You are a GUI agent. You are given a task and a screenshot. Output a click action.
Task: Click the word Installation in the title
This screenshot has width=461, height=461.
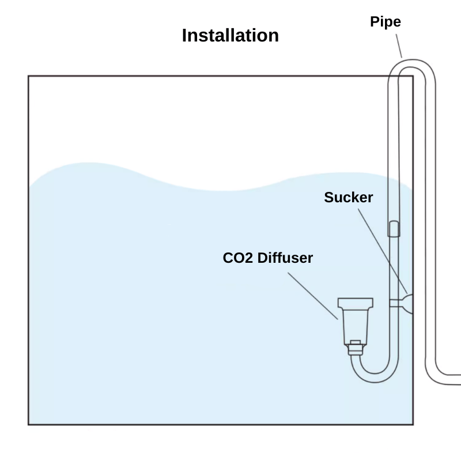[x=230, y=36]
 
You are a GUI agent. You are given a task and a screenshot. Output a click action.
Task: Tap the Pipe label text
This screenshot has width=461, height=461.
[x=385, y=22]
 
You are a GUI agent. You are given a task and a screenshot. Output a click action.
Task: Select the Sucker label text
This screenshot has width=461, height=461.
[x=348, y=198]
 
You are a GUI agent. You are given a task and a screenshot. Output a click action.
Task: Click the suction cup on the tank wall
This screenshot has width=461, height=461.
[x=408, y=303]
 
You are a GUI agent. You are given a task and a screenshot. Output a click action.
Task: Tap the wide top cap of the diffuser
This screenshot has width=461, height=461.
[x=355, y=303]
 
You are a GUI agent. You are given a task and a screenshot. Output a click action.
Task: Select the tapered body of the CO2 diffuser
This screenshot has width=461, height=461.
[x=355, y=324]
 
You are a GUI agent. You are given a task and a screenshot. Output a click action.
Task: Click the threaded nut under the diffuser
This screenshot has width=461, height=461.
[x=356, y=347]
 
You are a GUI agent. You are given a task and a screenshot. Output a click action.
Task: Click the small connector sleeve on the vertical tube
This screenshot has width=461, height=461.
[x=394, y=229]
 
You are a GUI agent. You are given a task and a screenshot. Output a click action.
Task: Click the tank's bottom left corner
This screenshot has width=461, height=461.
[x=29, y=424]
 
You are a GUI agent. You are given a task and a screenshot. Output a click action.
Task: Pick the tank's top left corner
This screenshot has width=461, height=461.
[x=29, y=76]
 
